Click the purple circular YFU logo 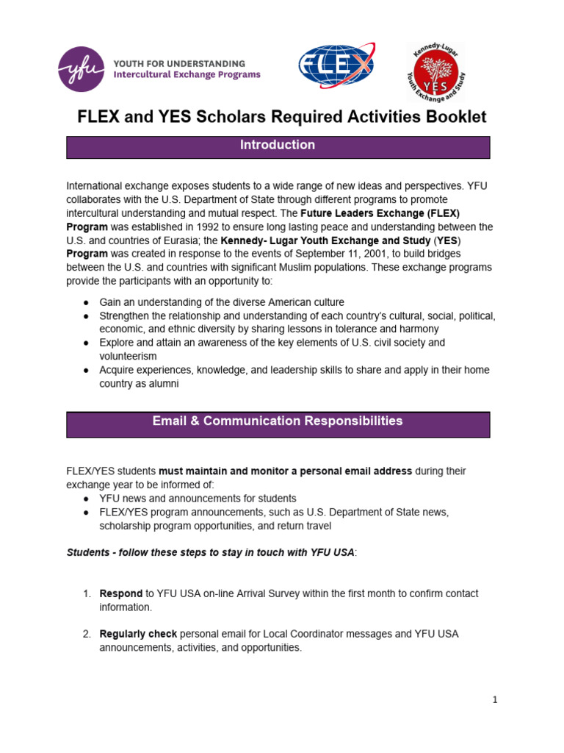[x=82, y=69]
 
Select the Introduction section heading [x=278, y=146]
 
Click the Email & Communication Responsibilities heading [x=278, y=421]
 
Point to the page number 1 [x=495, y=700]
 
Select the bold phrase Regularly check [x=138, y=634]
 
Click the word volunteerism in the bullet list [x=128, y=356]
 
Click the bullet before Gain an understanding [x=86, y=303]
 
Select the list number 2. [x=86, y=634]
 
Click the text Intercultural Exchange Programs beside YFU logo [x=186, y=75]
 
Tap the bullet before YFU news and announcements [x=86, y=499]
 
